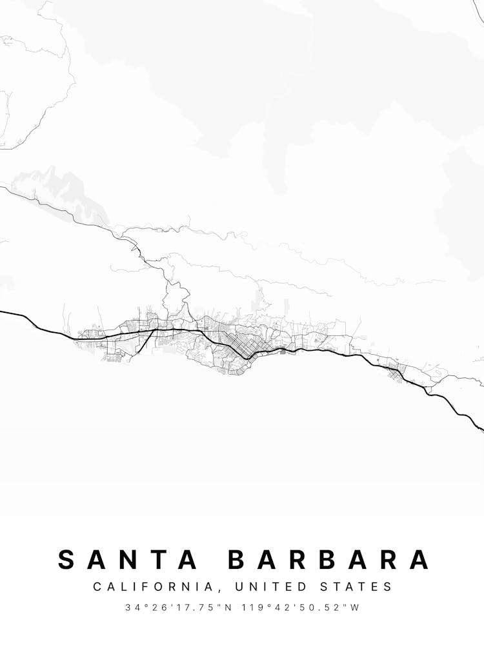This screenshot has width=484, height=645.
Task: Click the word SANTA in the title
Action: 127,559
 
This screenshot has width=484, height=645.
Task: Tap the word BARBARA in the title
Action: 328,559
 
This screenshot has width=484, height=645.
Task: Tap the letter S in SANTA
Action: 66,559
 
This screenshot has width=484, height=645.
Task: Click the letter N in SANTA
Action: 128,559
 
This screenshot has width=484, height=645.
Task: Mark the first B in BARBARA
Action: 237,559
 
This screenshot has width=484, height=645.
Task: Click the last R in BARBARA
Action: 389,559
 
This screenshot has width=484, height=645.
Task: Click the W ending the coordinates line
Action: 354,608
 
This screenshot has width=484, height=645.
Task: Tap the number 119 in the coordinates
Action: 254,608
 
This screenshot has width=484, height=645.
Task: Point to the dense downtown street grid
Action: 242,346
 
